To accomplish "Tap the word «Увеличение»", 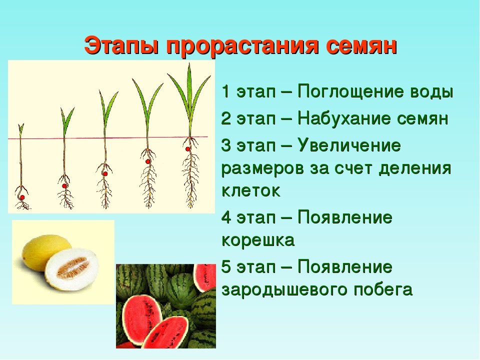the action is point(349,145).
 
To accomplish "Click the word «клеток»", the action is point(250,190).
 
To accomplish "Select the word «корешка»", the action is point(258,240).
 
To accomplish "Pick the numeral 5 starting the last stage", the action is point(226,266).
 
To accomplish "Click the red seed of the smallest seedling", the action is point(22,197).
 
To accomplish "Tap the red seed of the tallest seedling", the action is point(187,149).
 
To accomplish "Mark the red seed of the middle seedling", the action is point(105,174).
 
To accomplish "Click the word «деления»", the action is point(415,169).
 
